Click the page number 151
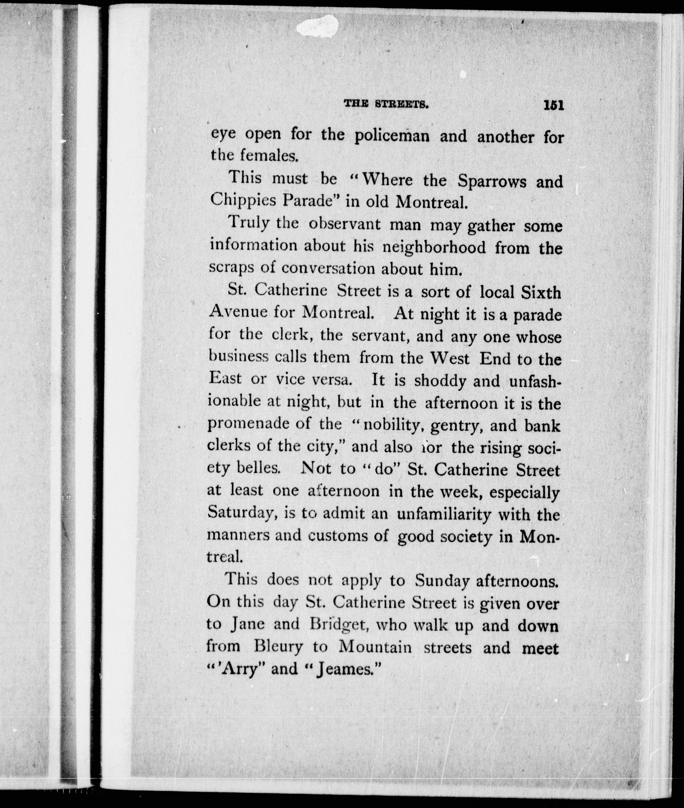click(553, 106)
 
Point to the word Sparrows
click(491, 181)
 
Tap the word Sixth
click(541, 292)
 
